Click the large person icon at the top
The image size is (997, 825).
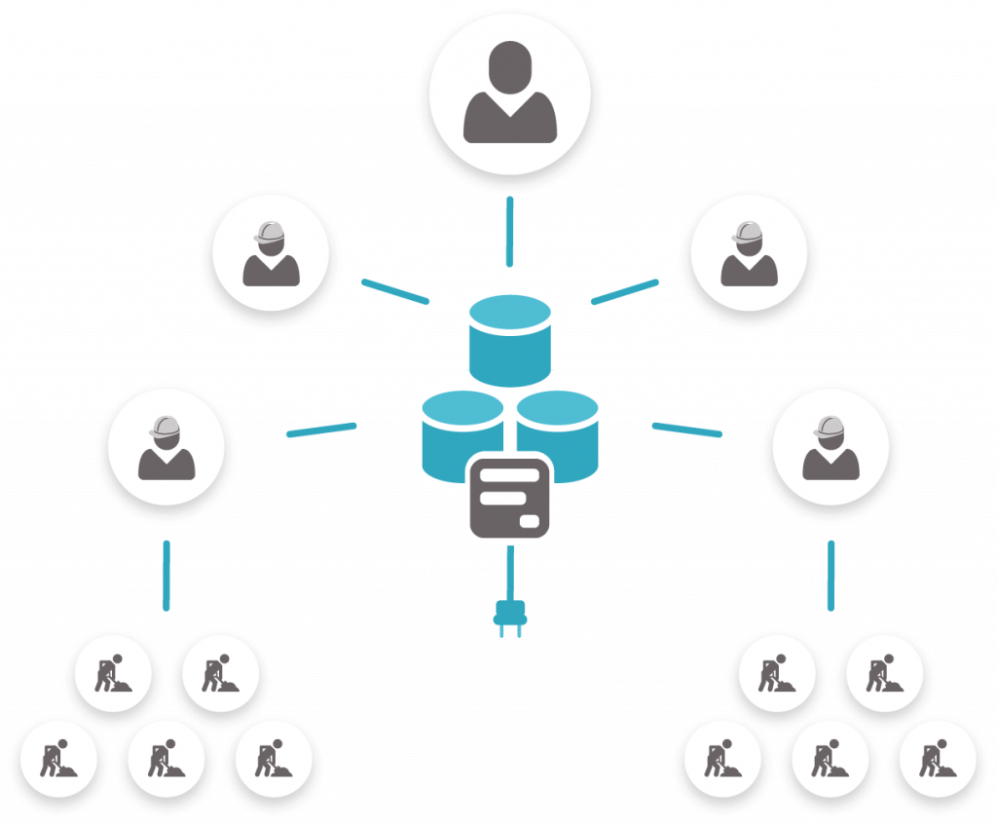tap(509, 95)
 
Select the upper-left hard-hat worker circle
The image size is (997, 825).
tap(271, 253)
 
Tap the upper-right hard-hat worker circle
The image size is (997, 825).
tap(748, 253)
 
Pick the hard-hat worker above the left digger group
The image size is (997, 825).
tap(166, 449)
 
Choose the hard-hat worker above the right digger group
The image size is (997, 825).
tap(830, 449)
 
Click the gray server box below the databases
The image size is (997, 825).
tap(509, 497)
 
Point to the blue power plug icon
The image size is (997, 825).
tap(509, 619)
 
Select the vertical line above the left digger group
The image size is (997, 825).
tap(166, 575)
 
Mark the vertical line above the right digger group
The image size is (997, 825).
tap(831, 575)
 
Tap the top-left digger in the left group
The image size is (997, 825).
tap(113, 673)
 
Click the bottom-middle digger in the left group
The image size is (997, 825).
tap(166, 759)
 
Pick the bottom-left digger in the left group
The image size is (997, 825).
tap(58, 759)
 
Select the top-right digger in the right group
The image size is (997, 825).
tap(884, 673)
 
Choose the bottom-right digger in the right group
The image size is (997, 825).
tap(938, 759)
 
